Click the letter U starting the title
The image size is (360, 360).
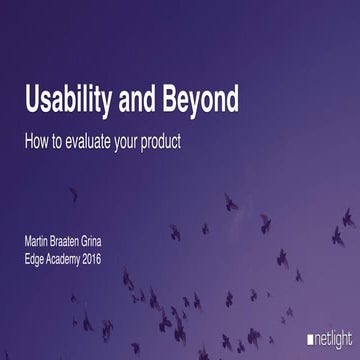tap(32, 102)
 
